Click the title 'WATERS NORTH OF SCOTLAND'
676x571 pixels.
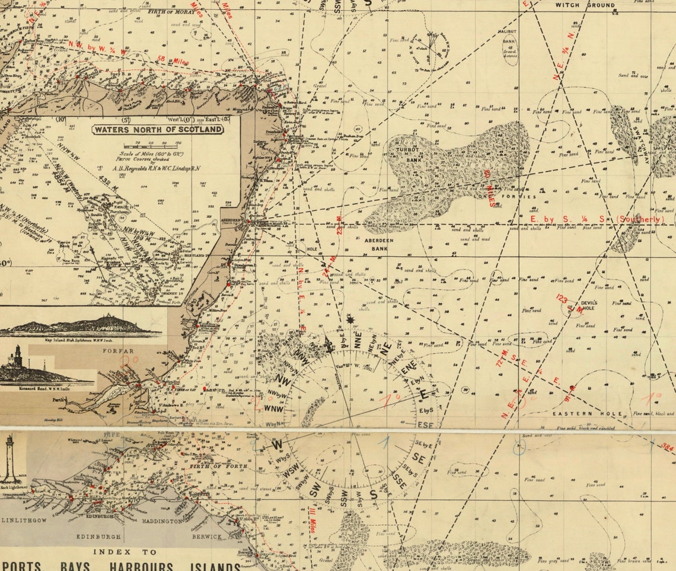pyautogui.click(x=157, y=129)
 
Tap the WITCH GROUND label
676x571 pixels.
pyautogui.click(x=584, y=5)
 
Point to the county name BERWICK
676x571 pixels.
pyautogui.click(x=206, y=537)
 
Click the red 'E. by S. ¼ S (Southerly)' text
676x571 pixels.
pyautogui.click(x=595, y=219)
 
